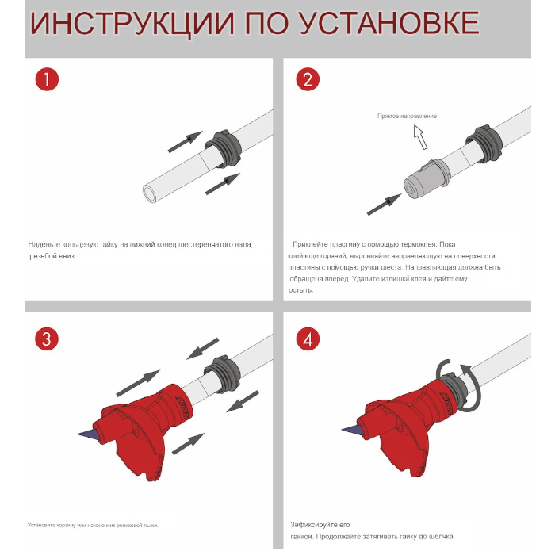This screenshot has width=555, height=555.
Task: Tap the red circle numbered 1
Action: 48,80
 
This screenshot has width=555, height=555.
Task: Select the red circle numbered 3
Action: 48,339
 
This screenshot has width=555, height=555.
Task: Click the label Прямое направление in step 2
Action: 407,117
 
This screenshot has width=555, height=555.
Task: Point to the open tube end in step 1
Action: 150,192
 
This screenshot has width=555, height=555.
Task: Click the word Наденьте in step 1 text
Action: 44,245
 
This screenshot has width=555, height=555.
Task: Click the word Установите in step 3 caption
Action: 42,525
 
